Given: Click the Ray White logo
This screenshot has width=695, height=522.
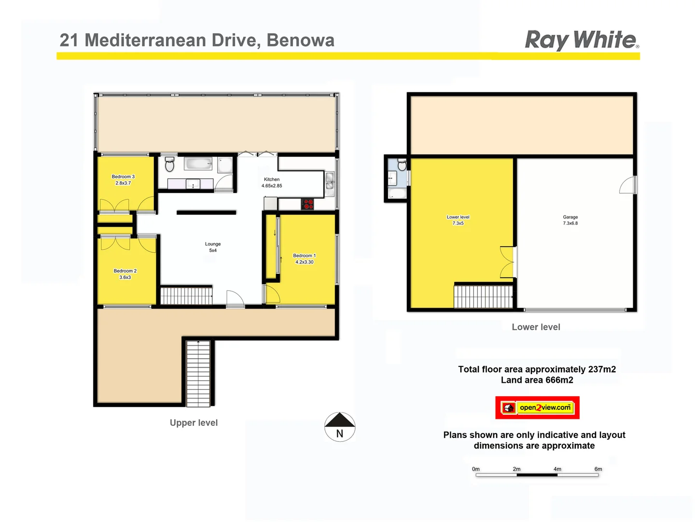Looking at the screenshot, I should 582,40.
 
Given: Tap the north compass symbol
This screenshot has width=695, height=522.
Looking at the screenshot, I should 340,427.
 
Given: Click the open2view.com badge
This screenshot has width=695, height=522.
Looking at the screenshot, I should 537,407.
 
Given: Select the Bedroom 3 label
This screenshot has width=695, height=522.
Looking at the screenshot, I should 123,180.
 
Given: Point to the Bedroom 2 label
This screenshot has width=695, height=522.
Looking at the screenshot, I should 125,274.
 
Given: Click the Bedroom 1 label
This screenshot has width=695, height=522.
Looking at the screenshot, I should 305,259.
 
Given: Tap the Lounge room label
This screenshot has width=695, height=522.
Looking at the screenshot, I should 213,247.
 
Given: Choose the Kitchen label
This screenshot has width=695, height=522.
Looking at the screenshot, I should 272,182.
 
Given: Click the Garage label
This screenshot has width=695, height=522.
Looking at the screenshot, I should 570,220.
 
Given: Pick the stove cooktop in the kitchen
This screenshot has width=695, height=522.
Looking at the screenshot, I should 307,204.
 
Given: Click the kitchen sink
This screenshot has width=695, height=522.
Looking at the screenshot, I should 330,183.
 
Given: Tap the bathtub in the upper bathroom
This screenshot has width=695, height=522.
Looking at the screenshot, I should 198,163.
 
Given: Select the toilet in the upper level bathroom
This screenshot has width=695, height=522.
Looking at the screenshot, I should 169,164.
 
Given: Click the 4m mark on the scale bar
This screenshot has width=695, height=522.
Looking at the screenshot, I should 557,469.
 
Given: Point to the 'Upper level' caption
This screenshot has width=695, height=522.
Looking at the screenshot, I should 194,423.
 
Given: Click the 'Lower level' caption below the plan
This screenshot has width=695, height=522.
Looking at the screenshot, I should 536,327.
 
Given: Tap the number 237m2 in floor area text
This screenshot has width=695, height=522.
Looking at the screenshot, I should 602,369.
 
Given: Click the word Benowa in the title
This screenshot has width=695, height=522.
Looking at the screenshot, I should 300,40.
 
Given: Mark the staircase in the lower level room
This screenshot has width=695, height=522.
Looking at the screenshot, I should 483,296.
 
